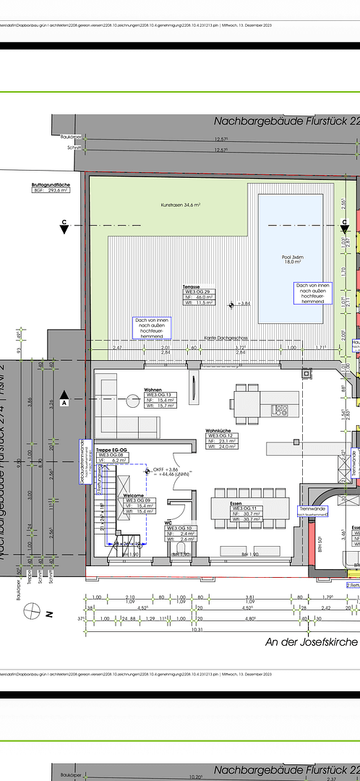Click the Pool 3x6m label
[291, 277]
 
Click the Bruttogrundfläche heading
[51, 185]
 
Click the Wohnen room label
[153, 389]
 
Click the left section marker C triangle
[64, 227]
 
